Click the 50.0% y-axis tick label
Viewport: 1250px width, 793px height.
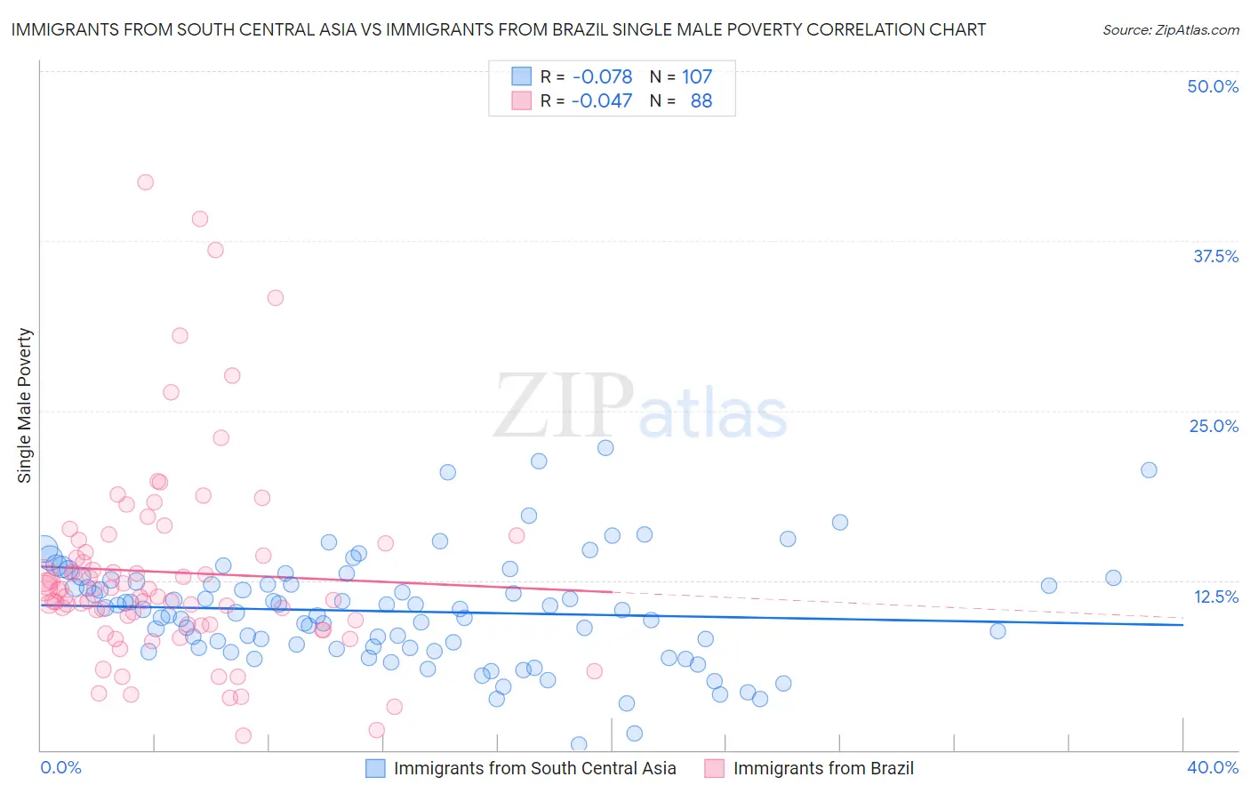coord(1213,86)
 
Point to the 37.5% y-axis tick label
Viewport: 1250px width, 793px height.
coord(1215,256)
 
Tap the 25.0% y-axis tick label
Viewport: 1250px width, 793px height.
coord(1214,426)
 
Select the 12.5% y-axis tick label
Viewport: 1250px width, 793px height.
coord(1215,597)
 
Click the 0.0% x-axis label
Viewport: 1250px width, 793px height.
coord(60,767)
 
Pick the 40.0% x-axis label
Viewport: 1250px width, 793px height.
coord(1213,767)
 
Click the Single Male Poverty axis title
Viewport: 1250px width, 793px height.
coord(24,405)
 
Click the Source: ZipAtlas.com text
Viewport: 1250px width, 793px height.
coord(1170,30)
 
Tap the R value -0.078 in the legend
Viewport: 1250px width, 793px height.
coord(602,76)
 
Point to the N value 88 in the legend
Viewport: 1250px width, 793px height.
coord(701,101)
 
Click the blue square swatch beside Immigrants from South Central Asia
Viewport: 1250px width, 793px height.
coord(375,768)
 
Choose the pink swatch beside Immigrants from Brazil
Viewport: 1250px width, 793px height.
coord(714,768)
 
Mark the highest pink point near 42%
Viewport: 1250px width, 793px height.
coord(145,182)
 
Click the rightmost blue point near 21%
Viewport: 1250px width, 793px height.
coord(1149,470)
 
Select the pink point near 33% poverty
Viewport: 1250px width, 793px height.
coord(276,298)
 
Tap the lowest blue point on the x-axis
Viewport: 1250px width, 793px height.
coord(579,744)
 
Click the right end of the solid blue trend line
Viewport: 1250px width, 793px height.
coord(1182,625)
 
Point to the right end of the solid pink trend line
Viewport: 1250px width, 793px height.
coord(612,591)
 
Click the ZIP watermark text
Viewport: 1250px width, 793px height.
coord(564,406)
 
